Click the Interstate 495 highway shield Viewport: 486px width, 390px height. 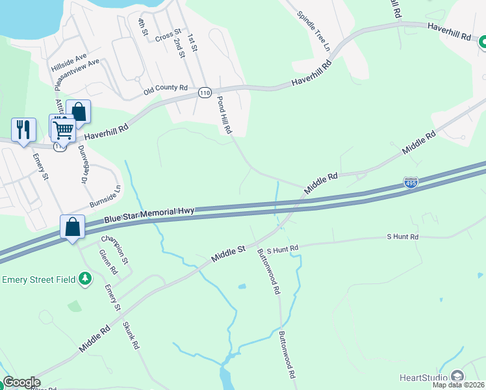(x=411, y=183)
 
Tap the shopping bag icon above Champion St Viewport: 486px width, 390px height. (x=73, y=227)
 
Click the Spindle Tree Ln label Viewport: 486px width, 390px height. (x=314, y=32)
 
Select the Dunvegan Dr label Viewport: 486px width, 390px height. (x=83, y=164)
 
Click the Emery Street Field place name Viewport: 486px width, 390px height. (x=39, y=280)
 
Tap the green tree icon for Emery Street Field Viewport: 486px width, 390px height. (x=84, y=278)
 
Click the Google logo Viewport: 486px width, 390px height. (x=21, y=382)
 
